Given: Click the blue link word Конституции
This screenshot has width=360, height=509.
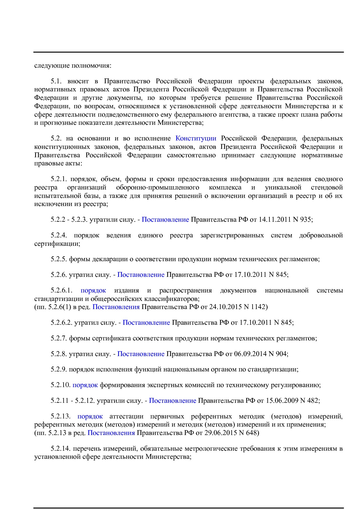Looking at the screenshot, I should tap(196, 138).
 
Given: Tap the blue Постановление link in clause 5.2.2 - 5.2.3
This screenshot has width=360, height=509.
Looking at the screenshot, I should tap(165, 220).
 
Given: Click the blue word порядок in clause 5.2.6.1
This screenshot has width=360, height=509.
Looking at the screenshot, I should tap(93, 290).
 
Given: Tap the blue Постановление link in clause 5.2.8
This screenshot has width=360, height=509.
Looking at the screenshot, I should tap(141, 354).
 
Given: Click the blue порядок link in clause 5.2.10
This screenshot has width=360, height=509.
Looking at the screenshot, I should tap(85, 385).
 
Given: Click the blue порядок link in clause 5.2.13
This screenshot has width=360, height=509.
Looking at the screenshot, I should tap(90, 416).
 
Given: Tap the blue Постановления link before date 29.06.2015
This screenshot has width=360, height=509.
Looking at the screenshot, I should tap(111, 433).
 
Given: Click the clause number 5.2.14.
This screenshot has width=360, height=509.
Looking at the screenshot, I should tap(61, 449).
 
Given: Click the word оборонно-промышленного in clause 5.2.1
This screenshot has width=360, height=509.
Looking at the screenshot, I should tap(157, 187).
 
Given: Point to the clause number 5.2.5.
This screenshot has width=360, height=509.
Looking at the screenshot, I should tap(59, 259).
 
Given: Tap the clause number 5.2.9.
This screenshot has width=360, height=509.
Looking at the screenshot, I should tap(59, 369).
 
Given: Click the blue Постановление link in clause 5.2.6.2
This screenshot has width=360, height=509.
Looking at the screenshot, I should tap(146, 322).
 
